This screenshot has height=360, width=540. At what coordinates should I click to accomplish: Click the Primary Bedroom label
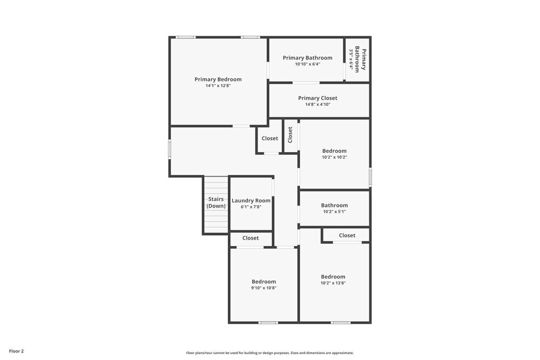click(218, 79)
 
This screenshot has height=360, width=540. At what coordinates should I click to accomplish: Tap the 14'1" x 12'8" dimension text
click(218, 86)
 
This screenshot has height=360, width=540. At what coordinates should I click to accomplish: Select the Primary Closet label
click(318, 98)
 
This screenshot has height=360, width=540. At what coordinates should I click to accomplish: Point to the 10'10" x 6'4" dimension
click(307, 64)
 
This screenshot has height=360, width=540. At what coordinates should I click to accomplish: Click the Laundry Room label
click(251, 201)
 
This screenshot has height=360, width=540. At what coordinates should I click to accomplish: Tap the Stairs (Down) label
click(216, 202)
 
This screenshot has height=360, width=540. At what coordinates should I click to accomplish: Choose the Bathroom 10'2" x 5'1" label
click(334, 205)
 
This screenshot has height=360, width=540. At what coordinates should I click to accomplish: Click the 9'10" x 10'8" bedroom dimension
click(264, 288)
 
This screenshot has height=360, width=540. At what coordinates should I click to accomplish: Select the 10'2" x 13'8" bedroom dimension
click(333, 283)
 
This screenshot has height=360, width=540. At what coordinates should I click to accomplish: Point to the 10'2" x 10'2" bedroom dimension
click(334, 157)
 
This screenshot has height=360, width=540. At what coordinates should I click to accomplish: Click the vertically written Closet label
click(291, 134)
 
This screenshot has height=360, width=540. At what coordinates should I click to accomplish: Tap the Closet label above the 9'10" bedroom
click(251, 238)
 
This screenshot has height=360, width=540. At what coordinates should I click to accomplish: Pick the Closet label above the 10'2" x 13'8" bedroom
click(347, 235)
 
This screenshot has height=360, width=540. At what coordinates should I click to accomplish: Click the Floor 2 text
click(16, 351)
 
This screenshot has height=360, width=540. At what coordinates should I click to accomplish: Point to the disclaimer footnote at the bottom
click(270, 353)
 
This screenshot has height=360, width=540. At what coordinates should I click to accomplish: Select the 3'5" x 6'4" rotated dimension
click(352, 60)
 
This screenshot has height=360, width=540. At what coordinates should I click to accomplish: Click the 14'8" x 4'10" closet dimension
click(318, 104)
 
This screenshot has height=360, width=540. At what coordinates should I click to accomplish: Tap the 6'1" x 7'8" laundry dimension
click(251, 207)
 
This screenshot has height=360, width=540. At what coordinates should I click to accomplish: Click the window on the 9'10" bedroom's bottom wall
click(268, 323)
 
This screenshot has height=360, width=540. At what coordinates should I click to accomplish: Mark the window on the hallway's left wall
click(170, 149)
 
